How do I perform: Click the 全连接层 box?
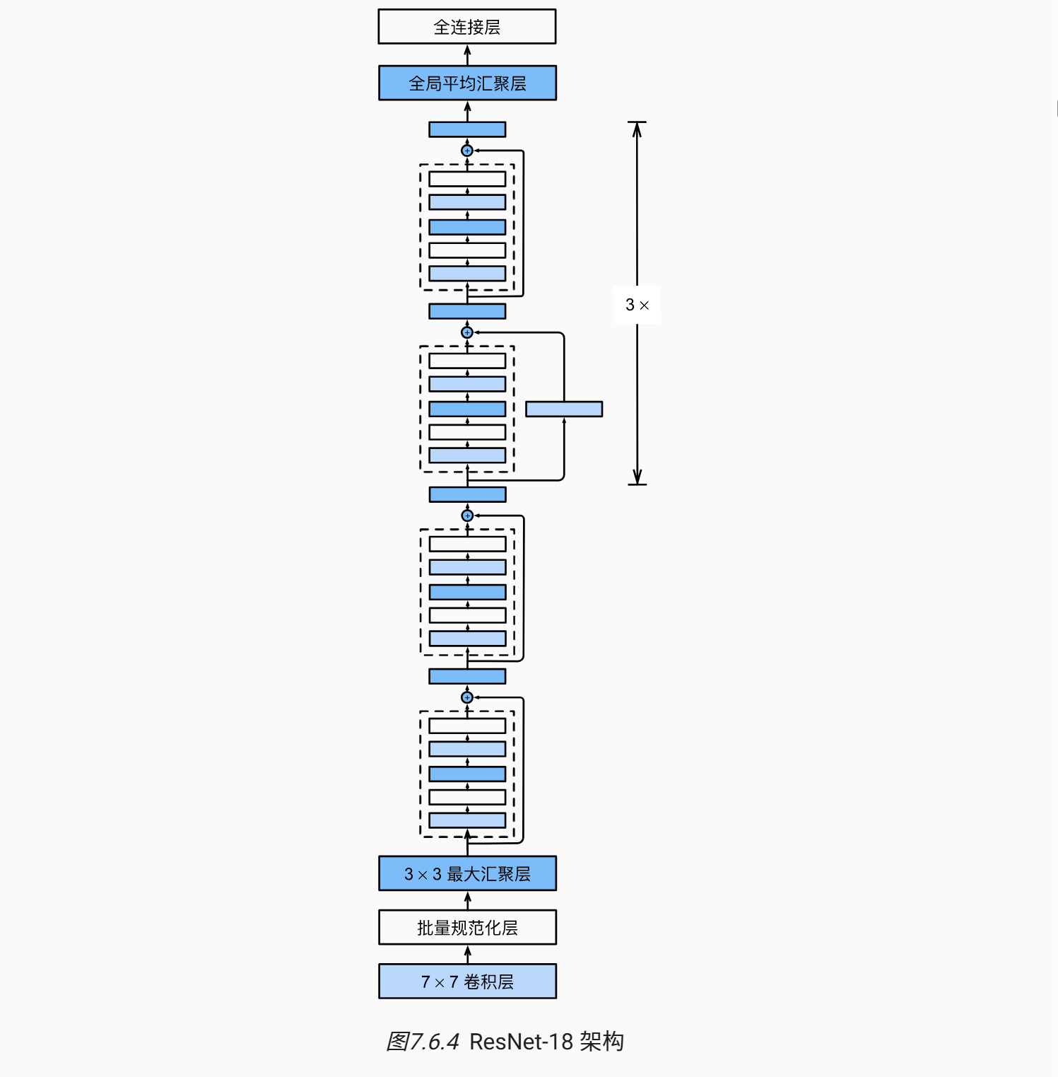[467, 27]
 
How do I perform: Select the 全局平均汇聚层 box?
[467, 83]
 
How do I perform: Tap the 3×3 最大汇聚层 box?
[467, 874]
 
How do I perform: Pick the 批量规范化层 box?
[467, 928]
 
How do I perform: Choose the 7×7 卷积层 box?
[467, 982]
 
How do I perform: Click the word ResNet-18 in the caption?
[521, 1042]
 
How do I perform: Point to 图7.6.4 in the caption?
[423, 1042]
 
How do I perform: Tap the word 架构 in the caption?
[602, 1042]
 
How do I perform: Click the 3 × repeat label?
[637, 305]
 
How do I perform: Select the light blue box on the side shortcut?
[564, 409]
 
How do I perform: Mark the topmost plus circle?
[467, 151]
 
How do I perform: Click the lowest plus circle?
[467, 698]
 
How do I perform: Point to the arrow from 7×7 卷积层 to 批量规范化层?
[467, 954]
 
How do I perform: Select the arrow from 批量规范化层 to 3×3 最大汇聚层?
[467, 900]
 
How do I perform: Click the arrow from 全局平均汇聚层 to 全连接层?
[467, 54]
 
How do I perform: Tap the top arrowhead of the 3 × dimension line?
[637, 127]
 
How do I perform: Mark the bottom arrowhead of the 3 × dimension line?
[637, 479]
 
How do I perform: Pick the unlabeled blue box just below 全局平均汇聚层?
[467, 129]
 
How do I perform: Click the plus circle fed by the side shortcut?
[467, 332]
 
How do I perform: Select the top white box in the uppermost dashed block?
[467, 179]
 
